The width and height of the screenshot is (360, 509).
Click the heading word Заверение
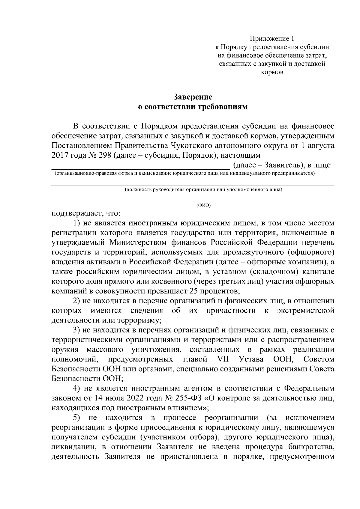click(x=193, y=97)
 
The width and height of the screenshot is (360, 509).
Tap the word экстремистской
click(x=306, y=311)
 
